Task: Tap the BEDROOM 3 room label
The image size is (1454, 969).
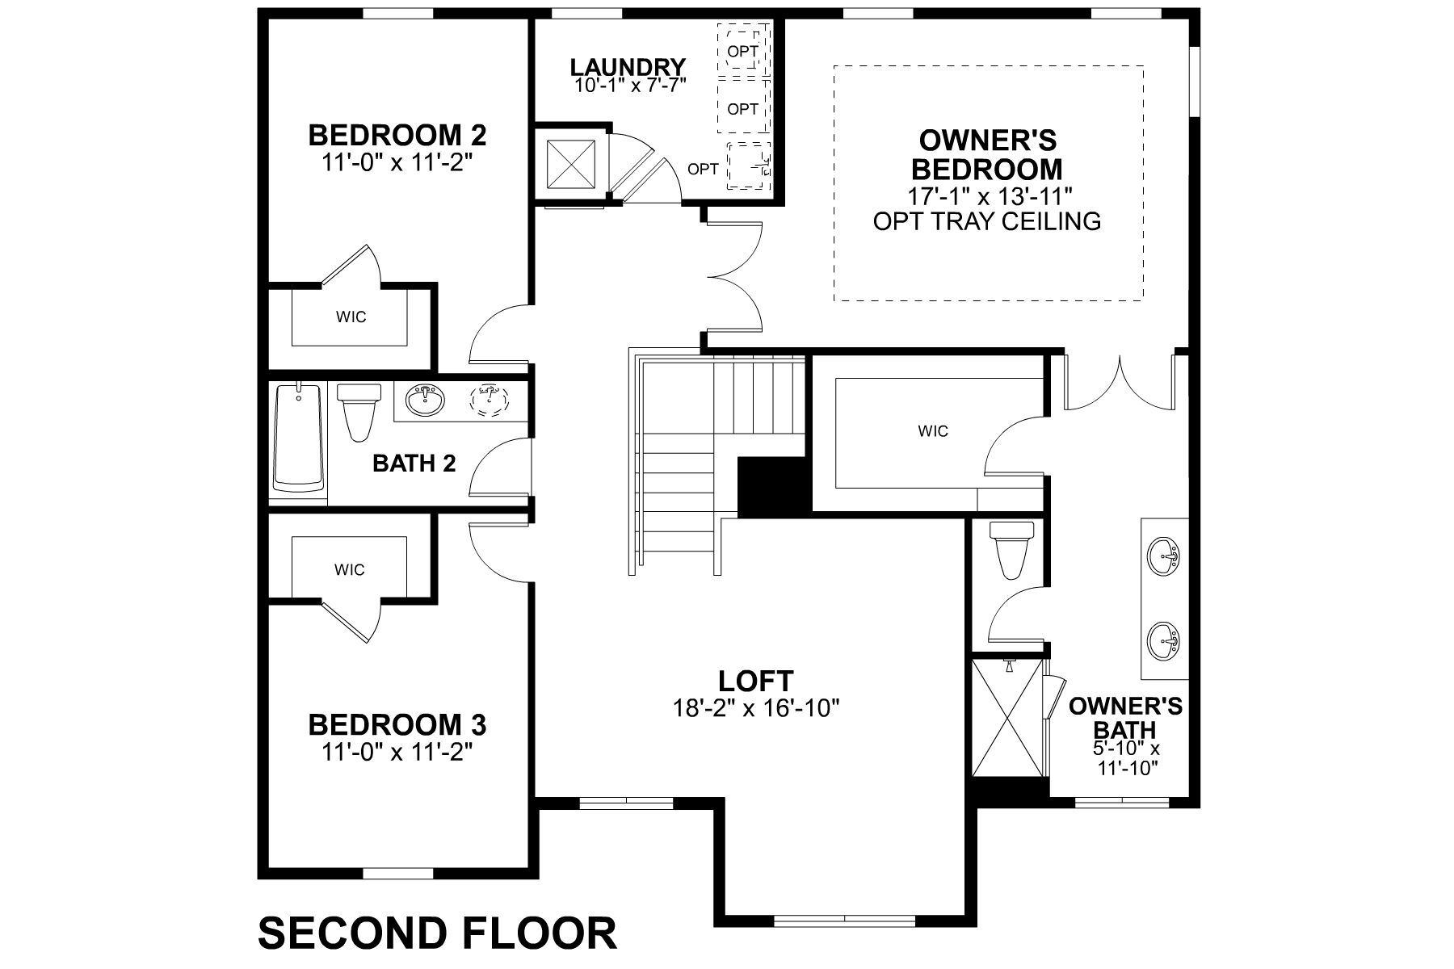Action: (x=397, y=724)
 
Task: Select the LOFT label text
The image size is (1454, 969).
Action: (x=756, y=681)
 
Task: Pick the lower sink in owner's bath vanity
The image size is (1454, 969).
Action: (x=1163, y=640)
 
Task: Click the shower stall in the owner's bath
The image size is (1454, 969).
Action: (x=1007, y=719)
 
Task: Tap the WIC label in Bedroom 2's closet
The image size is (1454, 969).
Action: (x=351, y=317)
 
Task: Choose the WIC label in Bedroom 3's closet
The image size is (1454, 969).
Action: (x=349, y=570)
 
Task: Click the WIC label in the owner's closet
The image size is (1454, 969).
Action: (x=932, y=431)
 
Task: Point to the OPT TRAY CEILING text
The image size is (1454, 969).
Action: (x=987, y=221)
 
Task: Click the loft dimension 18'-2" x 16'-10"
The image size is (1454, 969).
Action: (x=756, y=708)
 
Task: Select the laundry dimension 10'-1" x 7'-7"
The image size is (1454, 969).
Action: (x=630, y=85)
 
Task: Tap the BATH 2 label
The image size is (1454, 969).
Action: (x=414, y=464)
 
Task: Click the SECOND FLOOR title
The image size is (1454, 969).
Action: (x=437, y=932)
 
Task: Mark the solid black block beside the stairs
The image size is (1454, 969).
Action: (x=773, y=486)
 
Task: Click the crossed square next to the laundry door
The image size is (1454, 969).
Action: (x=570, y=165)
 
